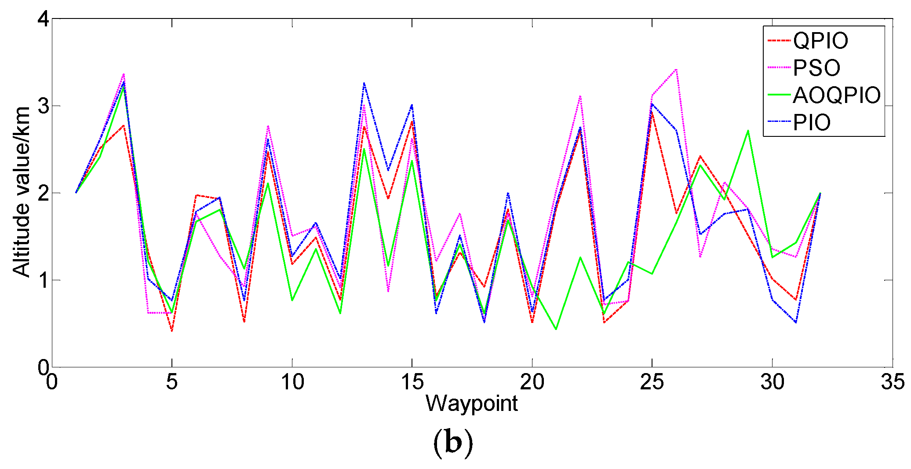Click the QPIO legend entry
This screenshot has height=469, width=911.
coord(820,41)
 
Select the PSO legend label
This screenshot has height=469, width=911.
coord(816,68)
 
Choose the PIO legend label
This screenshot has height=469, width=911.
coord(812,123)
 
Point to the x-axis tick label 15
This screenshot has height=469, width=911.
coord(412,382)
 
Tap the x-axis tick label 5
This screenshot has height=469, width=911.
coord(172,382)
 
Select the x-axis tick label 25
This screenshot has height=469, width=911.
coord(652,382)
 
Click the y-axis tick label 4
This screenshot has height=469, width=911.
coord(44,19)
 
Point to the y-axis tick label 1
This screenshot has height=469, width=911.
coord(44,280)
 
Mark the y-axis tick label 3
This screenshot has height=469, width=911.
coord(44,106)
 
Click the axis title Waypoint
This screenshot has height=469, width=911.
coord(472,403)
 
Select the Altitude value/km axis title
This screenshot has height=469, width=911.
coord(21,192)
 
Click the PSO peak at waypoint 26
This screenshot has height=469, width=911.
coord(676,70)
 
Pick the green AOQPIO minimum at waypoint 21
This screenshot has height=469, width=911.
coord(556,329)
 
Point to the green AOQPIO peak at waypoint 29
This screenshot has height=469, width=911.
coord(748,131)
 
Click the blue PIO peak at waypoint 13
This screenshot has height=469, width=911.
coord(364,83)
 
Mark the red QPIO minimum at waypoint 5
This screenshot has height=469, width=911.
coord(172,331)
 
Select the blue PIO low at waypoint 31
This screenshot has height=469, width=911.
coord(796,322)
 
